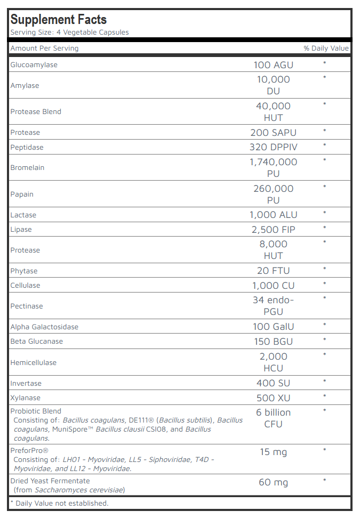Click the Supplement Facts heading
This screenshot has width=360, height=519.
[59, 20]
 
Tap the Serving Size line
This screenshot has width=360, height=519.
[69, 33]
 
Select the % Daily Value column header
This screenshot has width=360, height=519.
[326, 48]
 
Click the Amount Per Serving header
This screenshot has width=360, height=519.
[44, 48]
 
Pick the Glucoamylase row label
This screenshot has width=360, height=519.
[34, 65]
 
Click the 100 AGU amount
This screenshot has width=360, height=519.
[273, 65]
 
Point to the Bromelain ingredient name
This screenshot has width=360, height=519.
[27, 168]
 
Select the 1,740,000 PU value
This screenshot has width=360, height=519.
[273, 167]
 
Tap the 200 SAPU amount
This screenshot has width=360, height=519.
[273, 133]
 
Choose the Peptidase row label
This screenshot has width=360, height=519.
[27, 147]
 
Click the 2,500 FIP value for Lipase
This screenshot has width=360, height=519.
[273, 230]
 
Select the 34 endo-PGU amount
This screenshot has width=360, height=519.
[273, 306]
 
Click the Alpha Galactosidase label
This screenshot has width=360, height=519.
[44, 327]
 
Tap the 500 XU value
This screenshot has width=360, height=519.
[273, 398]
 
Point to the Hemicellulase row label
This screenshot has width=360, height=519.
[33, 363]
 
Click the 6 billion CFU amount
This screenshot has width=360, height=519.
[273, 418]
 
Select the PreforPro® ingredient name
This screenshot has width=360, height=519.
[29, 451]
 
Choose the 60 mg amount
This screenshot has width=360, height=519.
[273, 483]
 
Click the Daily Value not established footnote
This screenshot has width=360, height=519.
[60, 504]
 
